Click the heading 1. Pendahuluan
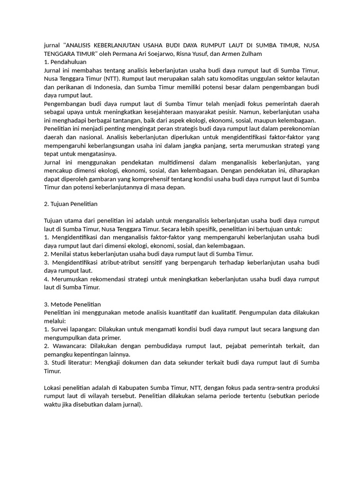coord(65,62)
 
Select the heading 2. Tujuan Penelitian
coord(71,204)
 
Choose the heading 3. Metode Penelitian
coord(72,304)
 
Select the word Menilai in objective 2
coord(60,254)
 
